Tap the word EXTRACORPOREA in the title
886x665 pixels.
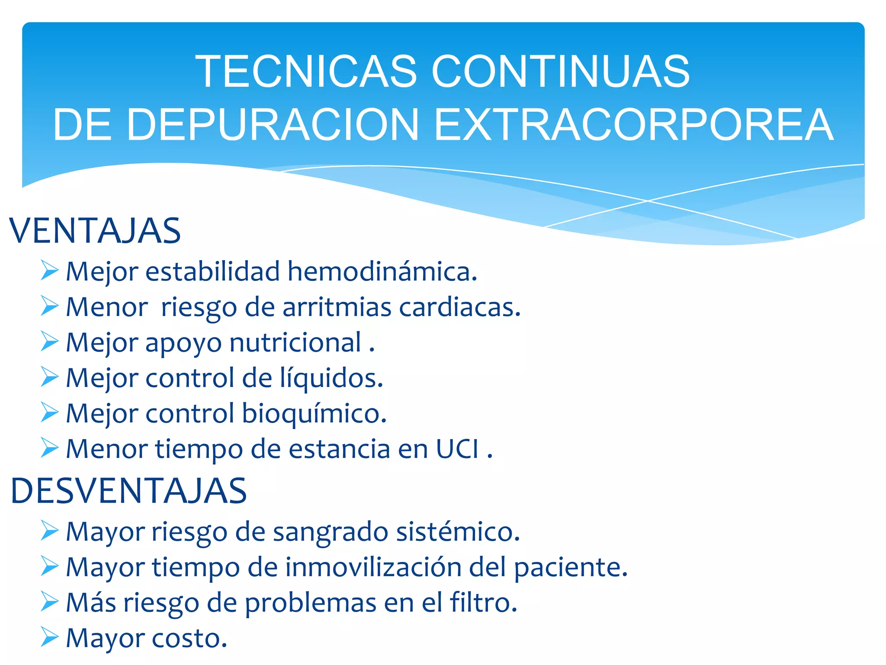[633, 125]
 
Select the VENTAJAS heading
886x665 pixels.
[95, 231]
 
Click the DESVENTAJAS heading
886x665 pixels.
[128, 491]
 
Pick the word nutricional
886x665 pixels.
[296, 343]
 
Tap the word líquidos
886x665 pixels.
[331, 378]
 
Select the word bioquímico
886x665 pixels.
[314, 414]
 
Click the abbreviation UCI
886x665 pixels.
[457, 449]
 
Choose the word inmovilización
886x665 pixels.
[373, 567]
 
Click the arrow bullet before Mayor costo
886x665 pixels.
[49, 637]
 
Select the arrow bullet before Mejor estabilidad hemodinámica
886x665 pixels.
[49, 271]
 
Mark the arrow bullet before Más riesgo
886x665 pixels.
[49, 601]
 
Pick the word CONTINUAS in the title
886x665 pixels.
[560, 71]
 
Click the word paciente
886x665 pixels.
[571, 567]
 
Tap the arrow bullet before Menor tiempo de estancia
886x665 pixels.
[49, 448]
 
